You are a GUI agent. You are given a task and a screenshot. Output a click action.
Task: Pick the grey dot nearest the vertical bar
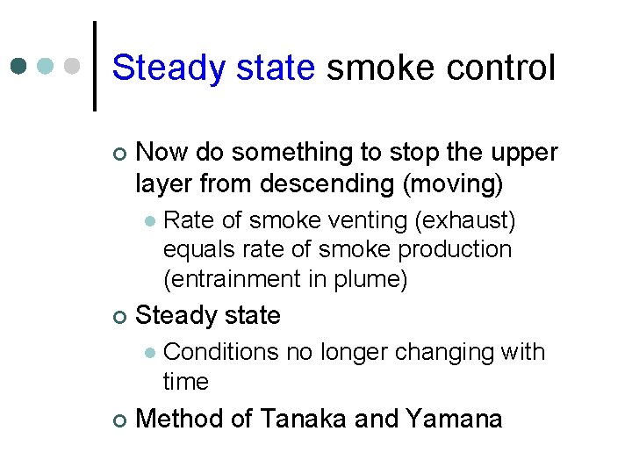pos(75,67)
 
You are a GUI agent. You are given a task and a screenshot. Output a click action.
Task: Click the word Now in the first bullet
pos(162,153)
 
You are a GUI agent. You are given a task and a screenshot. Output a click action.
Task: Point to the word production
pos(455,249)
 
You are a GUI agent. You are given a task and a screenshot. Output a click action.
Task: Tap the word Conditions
pos(220,352)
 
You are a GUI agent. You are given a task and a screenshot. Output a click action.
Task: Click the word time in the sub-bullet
pos(185,382)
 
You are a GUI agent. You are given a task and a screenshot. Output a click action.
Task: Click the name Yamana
pos(454,419)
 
